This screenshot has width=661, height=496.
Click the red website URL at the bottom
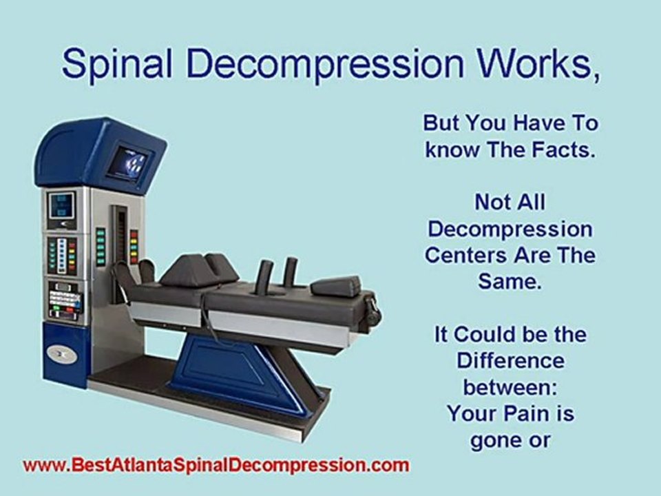click(216, 466)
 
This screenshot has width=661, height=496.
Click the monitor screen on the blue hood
click(130, 162)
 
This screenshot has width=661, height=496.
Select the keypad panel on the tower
click(64, 299)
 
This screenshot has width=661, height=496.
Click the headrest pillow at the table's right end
click(335, 286)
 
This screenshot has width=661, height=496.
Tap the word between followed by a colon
click(509, 386)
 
